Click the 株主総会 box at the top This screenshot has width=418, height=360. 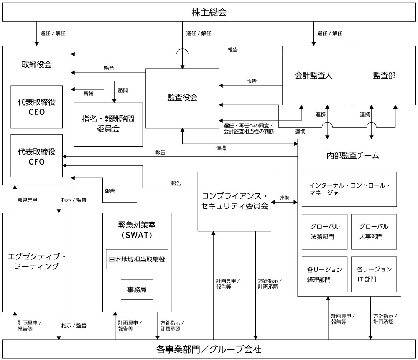[209, 13]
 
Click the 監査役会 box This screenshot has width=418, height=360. [182, 98]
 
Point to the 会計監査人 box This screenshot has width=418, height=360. [313, 75]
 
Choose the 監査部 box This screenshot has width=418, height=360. [384, 75]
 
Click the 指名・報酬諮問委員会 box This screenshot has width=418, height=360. [108, 124]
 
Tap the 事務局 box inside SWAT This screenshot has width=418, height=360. [137, 289]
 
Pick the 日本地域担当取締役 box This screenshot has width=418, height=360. [137, 259]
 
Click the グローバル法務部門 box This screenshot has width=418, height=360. [324, 231]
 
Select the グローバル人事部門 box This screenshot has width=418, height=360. [374, 231]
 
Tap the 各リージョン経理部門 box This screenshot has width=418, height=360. [324, 274]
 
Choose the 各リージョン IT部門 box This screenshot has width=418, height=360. [374, 274]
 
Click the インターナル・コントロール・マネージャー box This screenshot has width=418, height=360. [349, 189]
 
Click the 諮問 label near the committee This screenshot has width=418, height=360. [123, 89]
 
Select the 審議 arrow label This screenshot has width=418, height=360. [88, 94]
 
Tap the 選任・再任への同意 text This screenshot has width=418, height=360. [248, 125]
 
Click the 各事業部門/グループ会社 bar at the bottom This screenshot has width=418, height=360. [209, 349]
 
